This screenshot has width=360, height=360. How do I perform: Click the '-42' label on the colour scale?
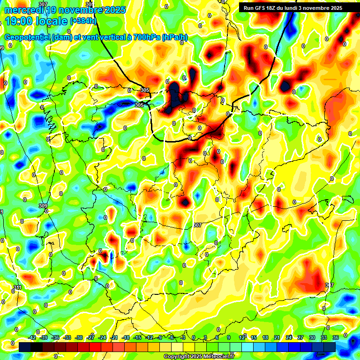coord(32,337)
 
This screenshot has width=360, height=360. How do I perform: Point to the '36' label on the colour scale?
coord(336,337)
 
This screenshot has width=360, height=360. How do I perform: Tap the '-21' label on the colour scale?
coord(114,337)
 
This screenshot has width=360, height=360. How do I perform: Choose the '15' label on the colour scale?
coord(254,337)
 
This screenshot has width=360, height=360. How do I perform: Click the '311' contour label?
coord(17,287)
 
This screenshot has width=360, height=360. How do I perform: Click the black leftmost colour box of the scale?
coord(25,347)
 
